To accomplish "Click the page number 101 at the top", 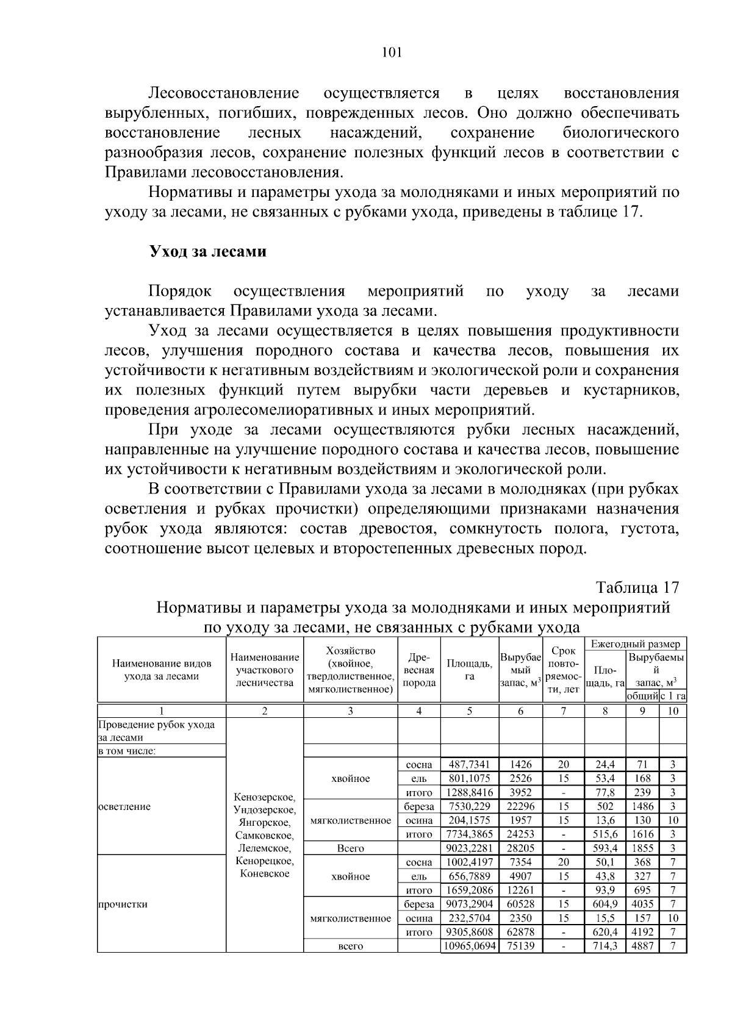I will click(391, 52).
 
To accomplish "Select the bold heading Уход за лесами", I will click(208, 251).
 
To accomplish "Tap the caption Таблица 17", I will click(637, 587).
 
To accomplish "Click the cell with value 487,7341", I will click(469, 764).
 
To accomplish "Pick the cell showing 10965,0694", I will click(469, 946).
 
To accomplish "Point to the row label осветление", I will click(123, 806).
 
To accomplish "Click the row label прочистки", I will click(123, 904).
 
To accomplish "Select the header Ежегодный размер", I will click(635, 644).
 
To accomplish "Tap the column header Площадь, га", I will click(469, 670).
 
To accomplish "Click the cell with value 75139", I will click(520, 946).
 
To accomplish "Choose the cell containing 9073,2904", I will click(469, 904).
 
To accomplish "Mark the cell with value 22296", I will click(520, 806).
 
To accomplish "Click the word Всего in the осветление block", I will click(350, 848).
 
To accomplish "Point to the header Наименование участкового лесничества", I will click(264, 670).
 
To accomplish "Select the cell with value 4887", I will click(642, 946).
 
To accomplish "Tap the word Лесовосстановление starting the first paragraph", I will click(224, 93).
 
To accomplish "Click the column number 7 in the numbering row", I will click(563, 711).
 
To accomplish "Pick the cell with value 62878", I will click(520, 932).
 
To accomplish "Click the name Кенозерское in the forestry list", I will click(264, 797).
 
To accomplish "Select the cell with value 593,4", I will click(605, 848).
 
